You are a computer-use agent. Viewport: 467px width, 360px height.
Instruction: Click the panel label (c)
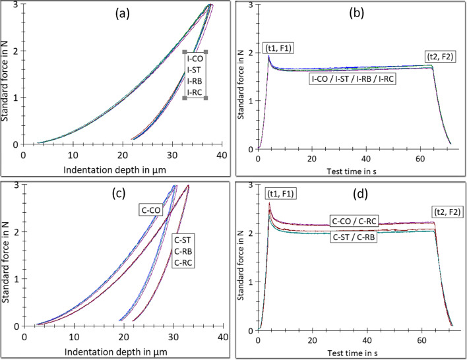(x=123, y=196)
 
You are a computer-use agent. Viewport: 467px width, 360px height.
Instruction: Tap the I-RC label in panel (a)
(x=195, y=92)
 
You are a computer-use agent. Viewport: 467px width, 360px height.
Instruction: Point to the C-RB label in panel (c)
(x=187, y=251)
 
